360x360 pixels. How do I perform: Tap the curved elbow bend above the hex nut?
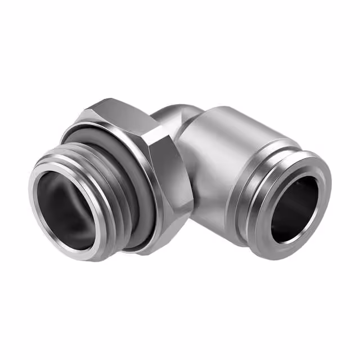coord(172,112)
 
